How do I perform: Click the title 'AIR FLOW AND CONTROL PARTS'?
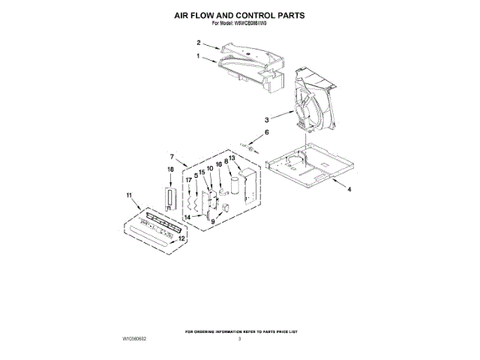coord(239,14)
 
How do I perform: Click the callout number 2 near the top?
coord(199,43)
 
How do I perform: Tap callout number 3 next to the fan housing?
coord(266,119)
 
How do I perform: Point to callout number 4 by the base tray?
coord(349,190)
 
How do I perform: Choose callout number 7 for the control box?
coord(172,157)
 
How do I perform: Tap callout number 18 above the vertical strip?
coord(169,170)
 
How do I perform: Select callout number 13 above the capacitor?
coord(232,158)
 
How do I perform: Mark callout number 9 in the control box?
coord(212,222)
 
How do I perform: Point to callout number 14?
coord(188,217)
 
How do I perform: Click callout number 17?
coord(189,180)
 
